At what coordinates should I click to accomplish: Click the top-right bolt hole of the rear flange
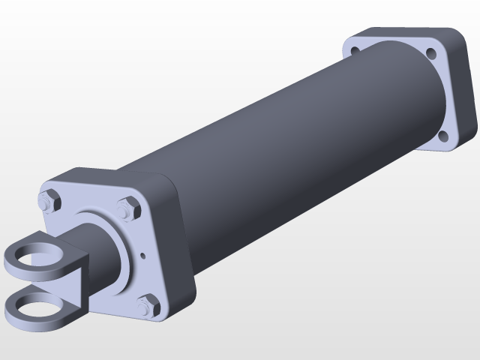[x=431, y=53]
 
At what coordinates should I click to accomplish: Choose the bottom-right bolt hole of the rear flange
[x=443, y=136]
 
